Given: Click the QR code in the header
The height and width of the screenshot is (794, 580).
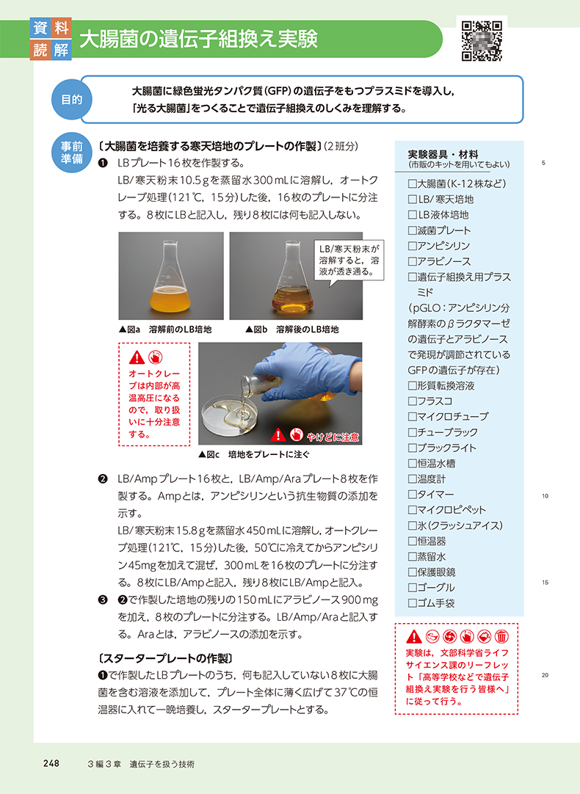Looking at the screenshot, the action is [x=482, y=40].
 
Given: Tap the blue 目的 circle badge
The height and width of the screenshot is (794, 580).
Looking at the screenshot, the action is [x=71, y=99].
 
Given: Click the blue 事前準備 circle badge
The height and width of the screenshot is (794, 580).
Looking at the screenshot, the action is [x=71, y=153].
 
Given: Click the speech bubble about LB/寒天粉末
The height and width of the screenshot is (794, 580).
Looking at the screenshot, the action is [x=349, y=261].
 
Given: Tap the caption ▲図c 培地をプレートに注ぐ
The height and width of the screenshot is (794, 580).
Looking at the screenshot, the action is [x=254, y=454].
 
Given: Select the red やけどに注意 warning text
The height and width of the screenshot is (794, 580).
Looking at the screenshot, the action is [x=333, y=437].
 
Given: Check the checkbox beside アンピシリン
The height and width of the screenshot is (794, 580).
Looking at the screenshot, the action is [x=413, y=246].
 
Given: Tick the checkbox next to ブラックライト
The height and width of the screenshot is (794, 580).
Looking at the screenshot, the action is [x=413, y=448].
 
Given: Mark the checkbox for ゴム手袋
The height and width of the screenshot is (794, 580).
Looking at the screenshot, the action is [x=413, y=604].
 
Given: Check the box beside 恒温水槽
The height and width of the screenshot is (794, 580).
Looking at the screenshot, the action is [x=413, y=464].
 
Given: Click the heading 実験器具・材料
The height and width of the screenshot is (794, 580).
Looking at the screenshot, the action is [x=443, y=154].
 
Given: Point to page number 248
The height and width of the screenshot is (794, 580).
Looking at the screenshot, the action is [x=51, y=763].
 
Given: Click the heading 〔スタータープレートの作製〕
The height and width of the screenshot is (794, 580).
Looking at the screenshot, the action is [x=165, y=658].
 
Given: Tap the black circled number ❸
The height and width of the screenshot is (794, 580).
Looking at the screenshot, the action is [x=103, y=600].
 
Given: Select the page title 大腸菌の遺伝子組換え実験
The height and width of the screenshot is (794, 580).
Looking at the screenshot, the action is [x=198, y=39].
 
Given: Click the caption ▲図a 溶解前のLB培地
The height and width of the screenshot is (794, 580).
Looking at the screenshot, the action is [x=165, y=329].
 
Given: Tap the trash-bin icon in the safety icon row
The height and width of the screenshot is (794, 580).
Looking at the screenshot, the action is [x=501, y=636].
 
